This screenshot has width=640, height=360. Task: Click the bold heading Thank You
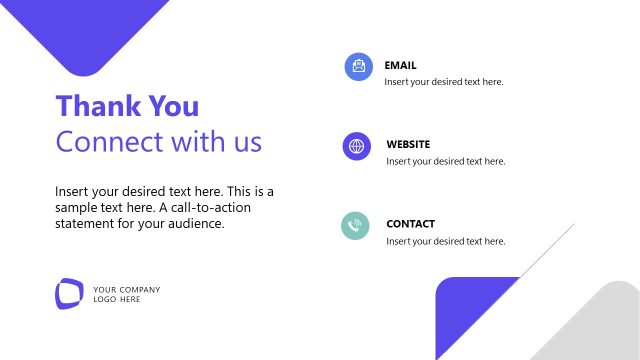click(127, 106)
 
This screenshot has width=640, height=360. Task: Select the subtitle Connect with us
click(159, 141)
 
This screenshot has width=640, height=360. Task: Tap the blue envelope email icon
click(358, 67)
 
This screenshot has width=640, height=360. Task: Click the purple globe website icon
click(356, 147)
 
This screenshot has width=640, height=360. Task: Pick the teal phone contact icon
click(355, 226)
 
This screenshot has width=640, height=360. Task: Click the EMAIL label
click(400, 65)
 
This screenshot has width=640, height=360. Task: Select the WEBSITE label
click(408, 144)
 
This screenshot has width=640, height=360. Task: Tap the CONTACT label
click(410, 224)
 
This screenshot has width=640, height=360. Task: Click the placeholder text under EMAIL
click(443, 82)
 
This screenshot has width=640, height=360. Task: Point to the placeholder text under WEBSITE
click(445, 161)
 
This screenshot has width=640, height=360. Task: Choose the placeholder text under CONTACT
click(445, 241)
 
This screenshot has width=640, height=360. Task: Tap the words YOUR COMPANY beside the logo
click(126, 290)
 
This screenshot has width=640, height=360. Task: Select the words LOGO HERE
click(117, 299)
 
